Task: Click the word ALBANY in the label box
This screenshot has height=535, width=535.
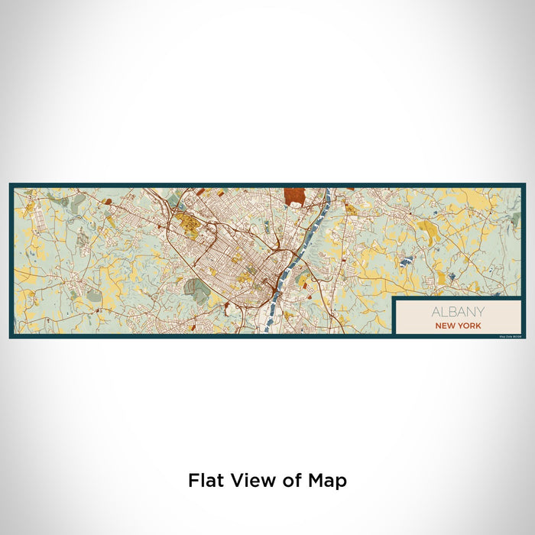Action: (x=457, y=312)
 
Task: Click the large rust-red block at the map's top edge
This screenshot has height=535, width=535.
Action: (x=294, y=196)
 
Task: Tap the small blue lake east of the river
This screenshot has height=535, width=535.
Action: (x=403, y=261)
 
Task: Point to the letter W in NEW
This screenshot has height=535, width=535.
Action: (x=451, y=325)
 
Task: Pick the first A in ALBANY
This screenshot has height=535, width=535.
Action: (x=435, y=312)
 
